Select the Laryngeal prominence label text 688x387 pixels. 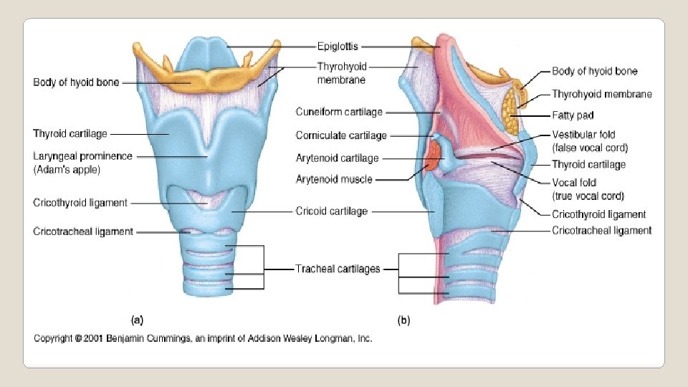coord(83,156)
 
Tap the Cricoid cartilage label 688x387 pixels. coord(332,211)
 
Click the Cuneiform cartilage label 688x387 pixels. coord(340,112)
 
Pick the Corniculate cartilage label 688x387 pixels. coord(341,135)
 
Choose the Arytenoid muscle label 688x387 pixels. coord(333,179)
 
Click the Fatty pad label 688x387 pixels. coord(573,115)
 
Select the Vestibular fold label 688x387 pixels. coord(583,134)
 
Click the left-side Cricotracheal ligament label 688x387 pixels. coord(83,231)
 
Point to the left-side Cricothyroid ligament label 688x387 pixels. coord(80,203)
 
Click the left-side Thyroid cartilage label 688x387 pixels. coord(70,133)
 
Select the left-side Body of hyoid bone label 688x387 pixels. coord(76,82)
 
